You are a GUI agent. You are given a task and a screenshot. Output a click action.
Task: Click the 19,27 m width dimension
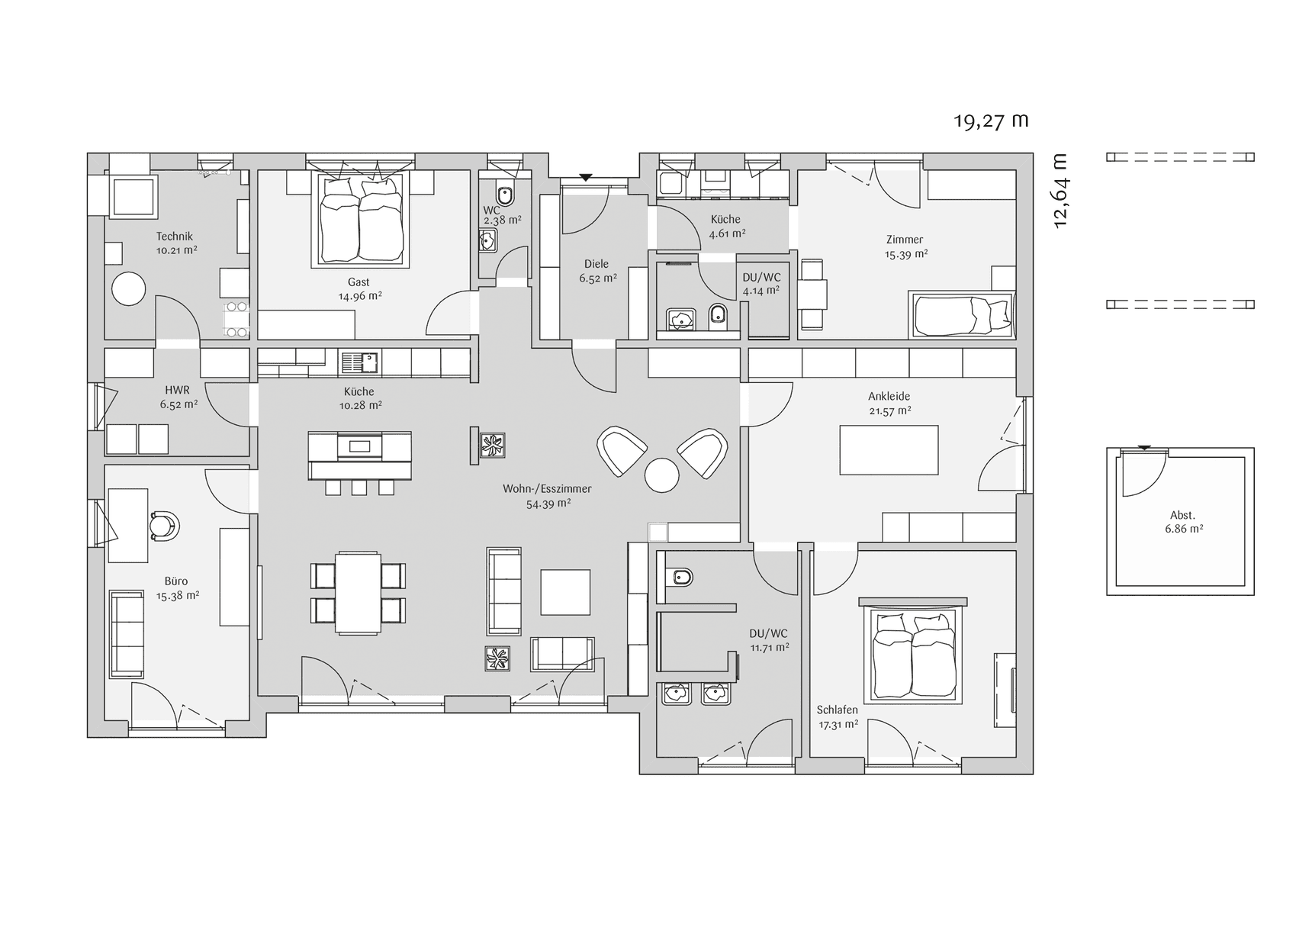point(991,121)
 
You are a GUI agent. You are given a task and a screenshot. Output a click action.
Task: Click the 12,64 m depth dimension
point(1060,192)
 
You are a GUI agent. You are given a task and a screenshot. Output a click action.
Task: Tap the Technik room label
point(175,237)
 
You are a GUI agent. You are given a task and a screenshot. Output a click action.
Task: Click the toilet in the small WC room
point(504,195)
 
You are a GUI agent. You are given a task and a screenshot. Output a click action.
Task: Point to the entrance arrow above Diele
point(585,178)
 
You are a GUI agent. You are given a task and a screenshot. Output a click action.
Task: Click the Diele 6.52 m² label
point(597,272)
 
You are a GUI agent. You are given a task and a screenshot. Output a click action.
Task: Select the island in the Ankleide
point(889,450)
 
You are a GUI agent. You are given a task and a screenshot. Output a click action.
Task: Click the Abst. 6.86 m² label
point(1183,522)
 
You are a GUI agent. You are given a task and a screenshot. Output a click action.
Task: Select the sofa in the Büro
point(127,634)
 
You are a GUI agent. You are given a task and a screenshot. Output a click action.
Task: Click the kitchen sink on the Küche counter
point(360,362)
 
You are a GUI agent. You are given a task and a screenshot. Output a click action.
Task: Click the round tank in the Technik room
point(128,289)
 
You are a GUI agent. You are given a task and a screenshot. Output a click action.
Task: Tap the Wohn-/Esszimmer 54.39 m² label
point(547,496)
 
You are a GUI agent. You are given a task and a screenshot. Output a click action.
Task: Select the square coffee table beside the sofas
point(565,592)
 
